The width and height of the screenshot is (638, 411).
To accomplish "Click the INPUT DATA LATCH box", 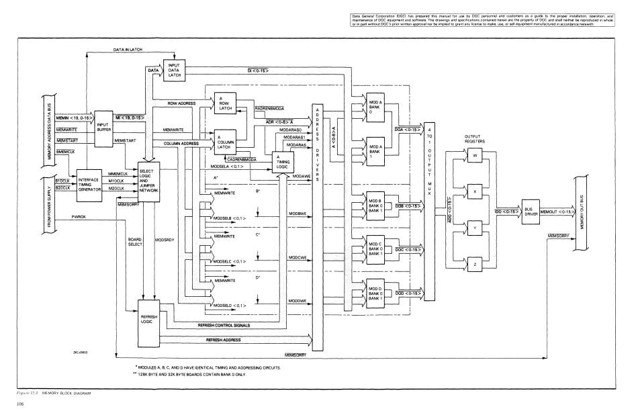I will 175,69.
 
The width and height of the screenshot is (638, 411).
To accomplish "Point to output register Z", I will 474,262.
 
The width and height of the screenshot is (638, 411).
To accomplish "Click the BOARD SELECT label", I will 135,242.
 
